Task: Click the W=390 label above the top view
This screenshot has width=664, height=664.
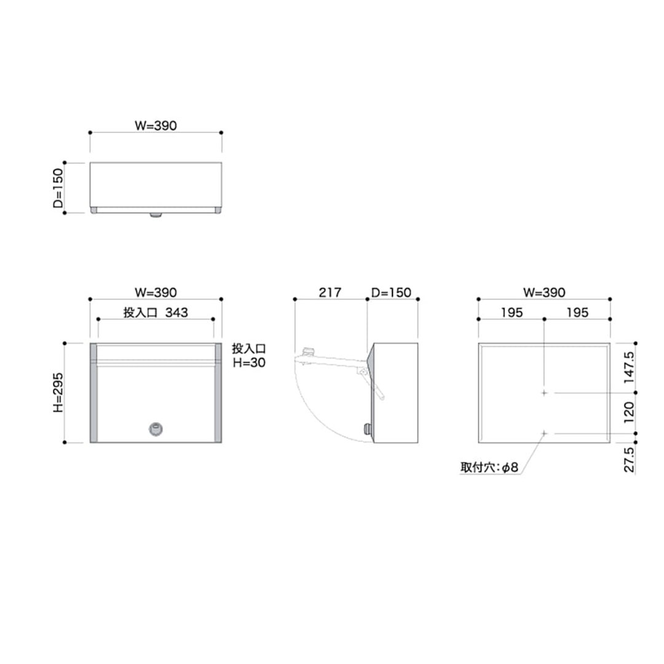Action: pos(156,125)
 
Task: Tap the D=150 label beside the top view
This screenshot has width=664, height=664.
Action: pos(58,188)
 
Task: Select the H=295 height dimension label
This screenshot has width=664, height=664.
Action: pos(58,392)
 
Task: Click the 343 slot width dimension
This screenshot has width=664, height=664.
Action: pos(176,312)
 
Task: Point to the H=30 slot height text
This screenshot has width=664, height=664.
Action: pos(249,363)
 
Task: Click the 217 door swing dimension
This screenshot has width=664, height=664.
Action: pos(330,293)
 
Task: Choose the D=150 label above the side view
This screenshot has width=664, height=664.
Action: pos(391,293)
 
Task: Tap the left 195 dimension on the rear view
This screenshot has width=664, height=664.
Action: pos(512,312)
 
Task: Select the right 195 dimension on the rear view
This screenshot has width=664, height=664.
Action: pos(577,312)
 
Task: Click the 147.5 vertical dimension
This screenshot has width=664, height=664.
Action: pos(630,368)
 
